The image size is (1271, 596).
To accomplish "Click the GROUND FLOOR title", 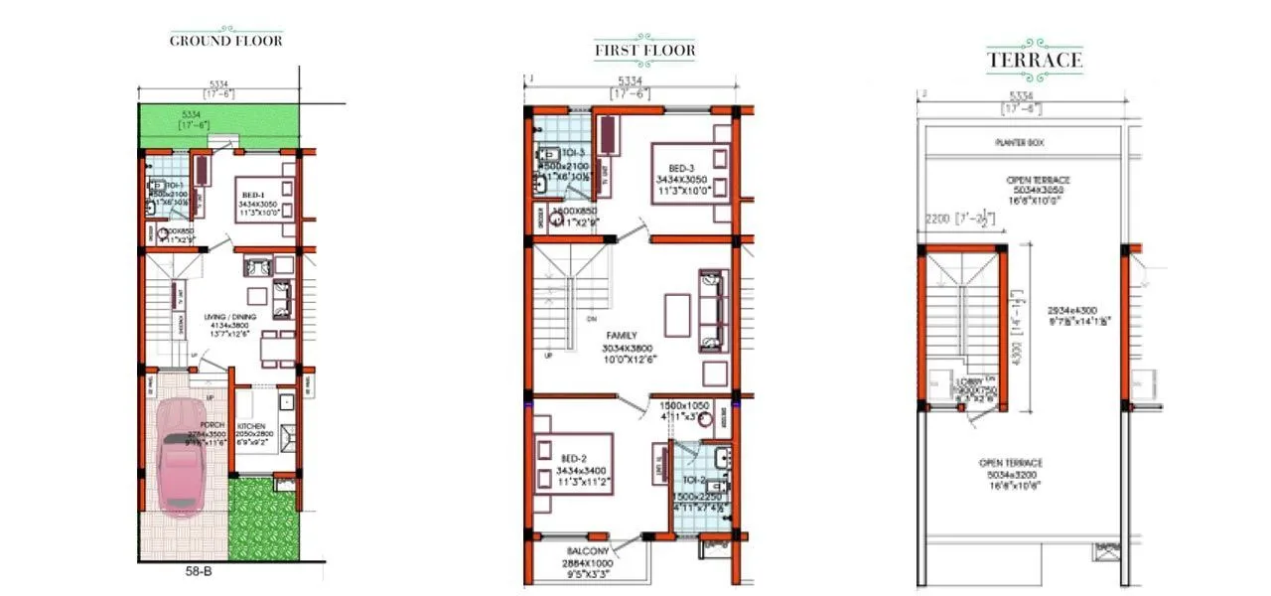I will (225, 41).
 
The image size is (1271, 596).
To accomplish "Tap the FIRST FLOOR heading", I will (644, 51).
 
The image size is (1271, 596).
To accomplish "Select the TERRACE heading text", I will (1034, 61).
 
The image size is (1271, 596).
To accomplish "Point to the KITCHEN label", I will (253, 426).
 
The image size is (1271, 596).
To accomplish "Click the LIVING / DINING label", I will (230, 317).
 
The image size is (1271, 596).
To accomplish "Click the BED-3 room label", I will (679, 166).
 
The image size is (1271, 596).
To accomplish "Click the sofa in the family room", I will (711, 310).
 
